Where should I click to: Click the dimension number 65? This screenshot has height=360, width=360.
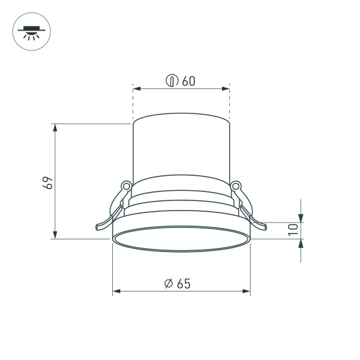coord(184,284)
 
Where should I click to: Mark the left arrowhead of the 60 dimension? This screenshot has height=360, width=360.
coord(136,89)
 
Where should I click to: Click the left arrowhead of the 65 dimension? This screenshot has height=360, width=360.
coord(116,292)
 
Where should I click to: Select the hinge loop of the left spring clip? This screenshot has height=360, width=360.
coord(126,186)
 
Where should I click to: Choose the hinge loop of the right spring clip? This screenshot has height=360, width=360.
coord(236,186)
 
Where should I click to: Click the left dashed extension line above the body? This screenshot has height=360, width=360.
coord(133,105)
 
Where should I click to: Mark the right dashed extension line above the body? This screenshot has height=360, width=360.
coord(230,105)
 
